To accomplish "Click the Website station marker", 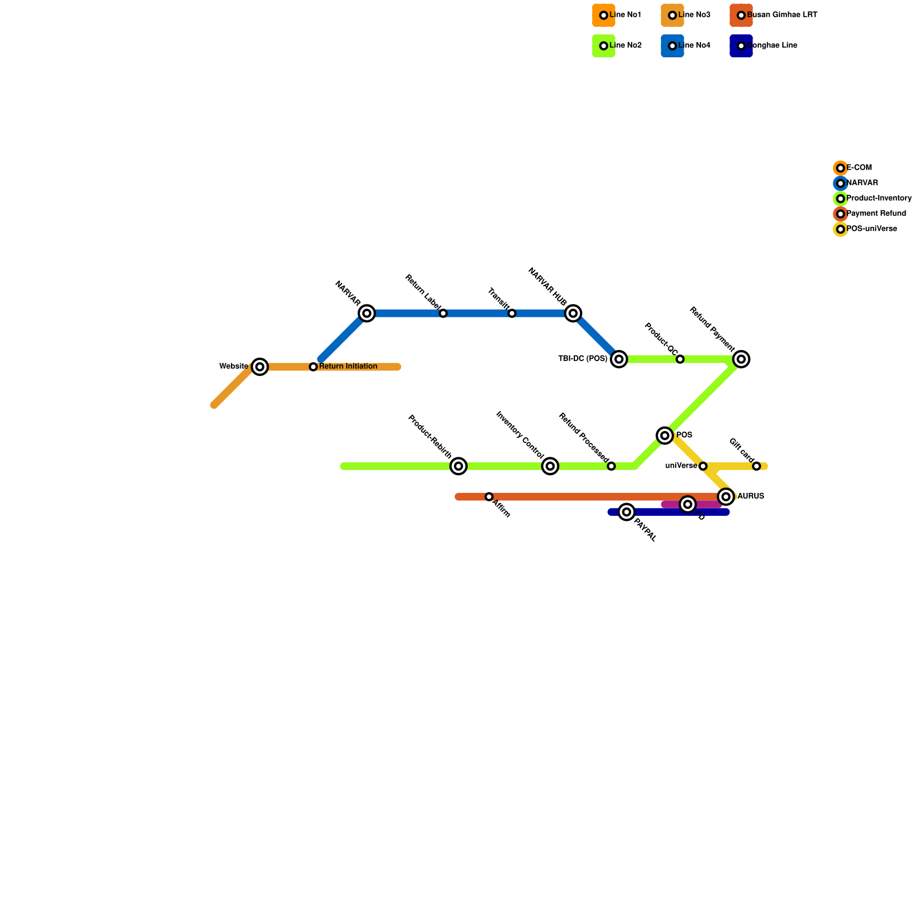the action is [260, 367].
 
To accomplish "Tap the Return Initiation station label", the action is [348, 367].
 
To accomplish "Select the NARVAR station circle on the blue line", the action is [367, 313].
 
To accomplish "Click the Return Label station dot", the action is [443, 313].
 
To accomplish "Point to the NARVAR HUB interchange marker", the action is [573, 313].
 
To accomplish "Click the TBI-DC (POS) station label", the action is [582, 359].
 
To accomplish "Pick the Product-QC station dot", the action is [680, 359].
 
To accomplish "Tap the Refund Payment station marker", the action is [742, 359].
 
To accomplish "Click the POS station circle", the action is [665, 436].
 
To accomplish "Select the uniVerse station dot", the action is [703, 467].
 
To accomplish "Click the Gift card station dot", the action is [757, 467].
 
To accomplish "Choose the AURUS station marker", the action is [726, 496].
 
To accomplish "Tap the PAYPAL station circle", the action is [627, 512].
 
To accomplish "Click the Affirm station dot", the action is [489, 497].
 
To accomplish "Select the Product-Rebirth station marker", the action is [458, 467].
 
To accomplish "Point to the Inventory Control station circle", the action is [550, 467].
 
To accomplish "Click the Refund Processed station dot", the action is [612, 467].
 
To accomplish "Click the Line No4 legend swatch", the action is [672, 46].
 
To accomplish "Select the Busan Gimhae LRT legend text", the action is [782, 15].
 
